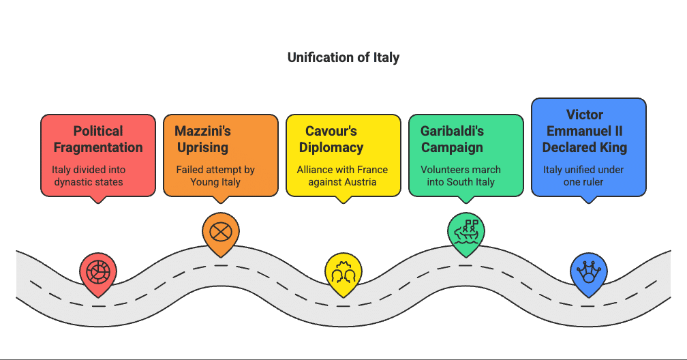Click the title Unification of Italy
tap(343, 57)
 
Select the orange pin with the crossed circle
tap(220, 232)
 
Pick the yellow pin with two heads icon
tap(343, 273)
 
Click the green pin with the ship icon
tap(465, 232)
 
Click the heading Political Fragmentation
tap(98, 139)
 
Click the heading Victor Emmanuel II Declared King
tap(585, 130)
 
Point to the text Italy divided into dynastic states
tap(89, 176)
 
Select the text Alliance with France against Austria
tap(342, 176)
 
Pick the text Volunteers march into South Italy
tap(461, 176)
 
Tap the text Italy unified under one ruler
tap(583, 176)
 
